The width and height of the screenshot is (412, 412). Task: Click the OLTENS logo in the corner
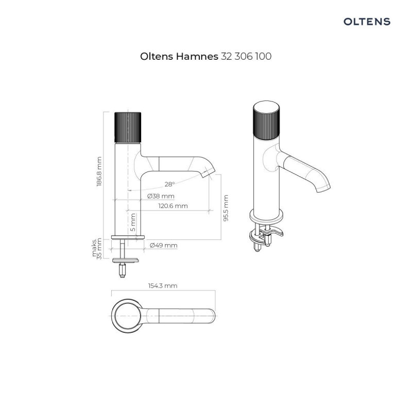[x=367, y=22]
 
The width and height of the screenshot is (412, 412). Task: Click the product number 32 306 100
[x=246, y=57]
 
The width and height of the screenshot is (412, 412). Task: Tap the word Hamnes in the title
[x=198, y=57]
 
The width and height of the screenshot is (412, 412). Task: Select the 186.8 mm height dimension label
[x=100, y=172]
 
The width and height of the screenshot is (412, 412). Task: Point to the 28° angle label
[x=169, y=184]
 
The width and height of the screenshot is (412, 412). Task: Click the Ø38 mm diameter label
[x=161, y=196]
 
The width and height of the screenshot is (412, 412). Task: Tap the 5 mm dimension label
[x=133, y=223]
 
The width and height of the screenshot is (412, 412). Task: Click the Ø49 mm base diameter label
[x=163, y=246]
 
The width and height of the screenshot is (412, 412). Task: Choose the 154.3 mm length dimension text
[x=163, y=285]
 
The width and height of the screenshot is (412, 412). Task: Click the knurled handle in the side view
[x=127, y=126]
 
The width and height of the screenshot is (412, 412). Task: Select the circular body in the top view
[x=127, y=314]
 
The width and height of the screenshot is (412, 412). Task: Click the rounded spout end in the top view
[x=211, y=314]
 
